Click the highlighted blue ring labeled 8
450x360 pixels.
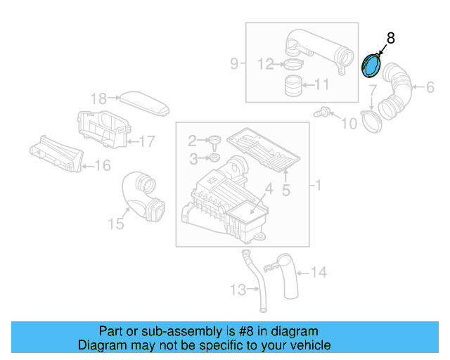[370, 67]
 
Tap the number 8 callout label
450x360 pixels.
[391, 39]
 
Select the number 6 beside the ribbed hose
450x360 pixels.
[430, 87]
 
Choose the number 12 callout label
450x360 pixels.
[265, 65]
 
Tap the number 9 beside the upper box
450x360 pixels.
[234, 64]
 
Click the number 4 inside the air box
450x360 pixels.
[268, 188]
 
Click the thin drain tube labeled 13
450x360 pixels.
[257, 281]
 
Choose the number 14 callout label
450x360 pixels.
[319, 271]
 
